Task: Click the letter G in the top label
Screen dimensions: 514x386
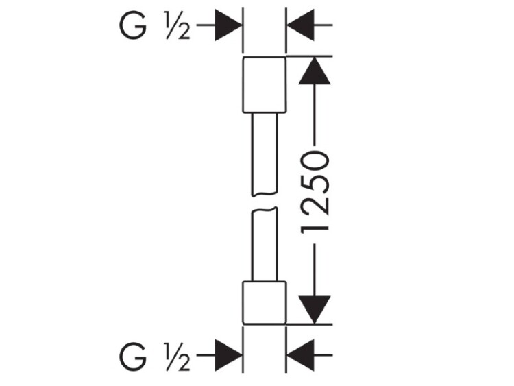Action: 132,25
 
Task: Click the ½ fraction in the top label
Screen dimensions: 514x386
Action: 178,26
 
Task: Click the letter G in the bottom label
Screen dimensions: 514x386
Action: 132,357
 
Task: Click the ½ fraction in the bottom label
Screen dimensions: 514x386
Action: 178,357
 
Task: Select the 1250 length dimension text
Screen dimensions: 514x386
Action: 315,193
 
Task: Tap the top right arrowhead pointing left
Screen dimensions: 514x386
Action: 301,25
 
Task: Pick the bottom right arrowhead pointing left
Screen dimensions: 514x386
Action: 301,356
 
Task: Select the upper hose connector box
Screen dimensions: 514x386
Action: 265,85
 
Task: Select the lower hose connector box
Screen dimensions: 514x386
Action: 265,303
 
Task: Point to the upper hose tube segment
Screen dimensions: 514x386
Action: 265,154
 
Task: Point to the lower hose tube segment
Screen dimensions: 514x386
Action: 265,245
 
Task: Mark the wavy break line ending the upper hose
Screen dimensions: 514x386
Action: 265,194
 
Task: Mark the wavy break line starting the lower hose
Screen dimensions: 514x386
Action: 265,210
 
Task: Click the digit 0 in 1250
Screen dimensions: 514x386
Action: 315,160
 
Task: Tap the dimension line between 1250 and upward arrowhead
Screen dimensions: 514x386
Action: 315,114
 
